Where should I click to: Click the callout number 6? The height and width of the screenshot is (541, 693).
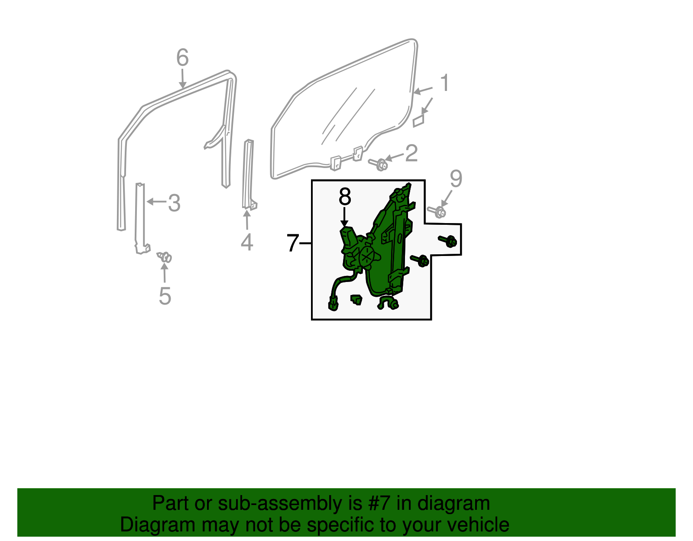(182, 58)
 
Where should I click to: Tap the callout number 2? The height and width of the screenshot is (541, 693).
(411, 153)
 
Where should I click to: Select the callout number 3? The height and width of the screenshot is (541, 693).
(174, 203)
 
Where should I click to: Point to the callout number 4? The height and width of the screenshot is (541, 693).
(246, 242)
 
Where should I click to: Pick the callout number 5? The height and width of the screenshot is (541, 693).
(165, 296)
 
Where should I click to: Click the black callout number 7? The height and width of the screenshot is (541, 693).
(293, 243)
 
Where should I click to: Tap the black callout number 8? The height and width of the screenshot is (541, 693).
(345, 197)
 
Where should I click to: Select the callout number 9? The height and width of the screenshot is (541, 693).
(456, 178)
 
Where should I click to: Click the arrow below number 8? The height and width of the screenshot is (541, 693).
(345, 217)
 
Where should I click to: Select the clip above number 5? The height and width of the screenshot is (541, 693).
(165, 257)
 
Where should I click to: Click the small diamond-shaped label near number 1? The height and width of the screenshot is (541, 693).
(418, 121)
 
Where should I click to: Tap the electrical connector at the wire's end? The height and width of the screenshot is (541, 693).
(333, 303)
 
